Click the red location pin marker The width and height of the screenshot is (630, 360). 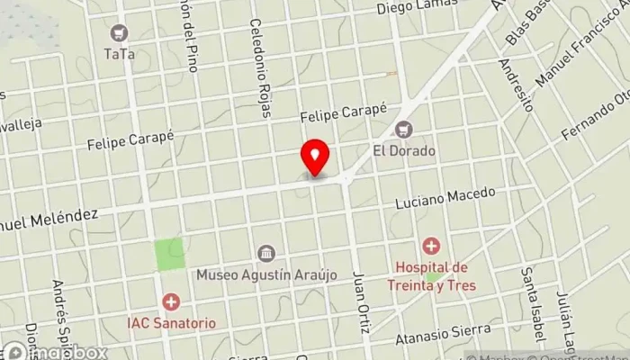tap(315, 158)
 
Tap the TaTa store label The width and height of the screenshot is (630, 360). tap(119, 54)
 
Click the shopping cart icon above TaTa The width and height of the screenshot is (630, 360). tap(119, 34)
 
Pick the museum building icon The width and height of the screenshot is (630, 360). tap(265, 253)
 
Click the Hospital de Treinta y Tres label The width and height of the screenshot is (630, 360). tap(433, 275)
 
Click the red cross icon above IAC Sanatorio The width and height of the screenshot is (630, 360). tap(170, 301)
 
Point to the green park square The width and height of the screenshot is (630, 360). tap(169, 255)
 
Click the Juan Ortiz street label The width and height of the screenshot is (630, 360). tap(362, 302)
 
